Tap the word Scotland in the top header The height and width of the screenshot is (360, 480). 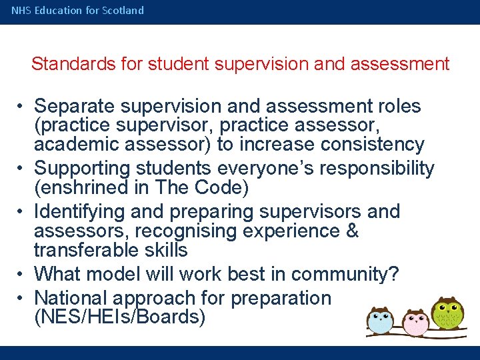[123, 11]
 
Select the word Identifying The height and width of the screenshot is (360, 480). [79, 212]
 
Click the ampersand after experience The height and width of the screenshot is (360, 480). [352, 231]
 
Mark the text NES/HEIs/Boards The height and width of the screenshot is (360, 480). [119, 317]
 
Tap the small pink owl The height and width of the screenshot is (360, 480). [415, 322]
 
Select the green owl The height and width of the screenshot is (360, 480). [447, 312]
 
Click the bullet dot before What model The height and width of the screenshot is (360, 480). [22, 274]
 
